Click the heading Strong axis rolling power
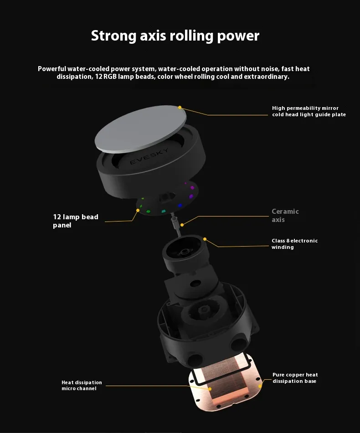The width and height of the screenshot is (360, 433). point(175,36)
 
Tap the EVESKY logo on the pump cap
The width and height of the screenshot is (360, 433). point(149,156)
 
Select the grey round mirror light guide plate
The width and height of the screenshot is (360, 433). point(140,129)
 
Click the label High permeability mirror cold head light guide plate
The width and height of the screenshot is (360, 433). point(309,111)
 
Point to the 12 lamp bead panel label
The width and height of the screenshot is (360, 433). point(76,221)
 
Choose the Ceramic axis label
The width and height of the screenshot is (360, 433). point(285,216)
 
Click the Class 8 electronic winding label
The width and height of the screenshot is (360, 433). point(294,244)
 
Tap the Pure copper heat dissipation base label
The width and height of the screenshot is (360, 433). point(295,378)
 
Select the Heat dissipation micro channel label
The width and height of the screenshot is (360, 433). point(82,385)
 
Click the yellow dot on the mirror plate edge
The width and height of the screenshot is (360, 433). point(180,108)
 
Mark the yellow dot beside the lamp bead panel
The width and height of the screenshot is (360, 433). point(138,211)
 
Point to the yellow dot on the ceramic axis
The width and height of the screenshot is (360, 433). point(182,225)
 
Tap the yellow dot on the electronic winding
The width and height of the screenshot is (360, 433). point(205,239)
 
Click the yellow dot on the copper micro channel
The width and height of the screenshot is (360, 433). point(210,389)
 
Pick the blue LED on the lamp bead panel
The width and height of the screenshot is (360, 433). point(180,206)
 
